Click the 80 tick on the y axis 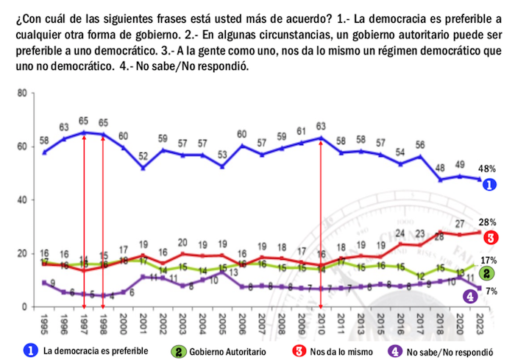point(22,93)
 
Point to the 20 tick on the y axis point(22,253)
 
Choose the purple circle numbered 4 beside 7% point(469,296)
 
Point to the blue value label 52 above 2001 point(142,155)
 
